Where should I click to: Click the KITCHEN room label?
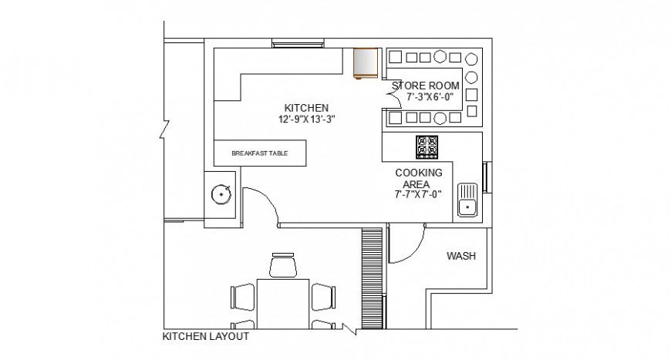[306, 107]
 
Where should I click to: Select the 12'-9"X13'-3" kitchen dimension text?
[306, 119]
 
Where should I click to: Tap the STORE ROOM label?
[426, 86]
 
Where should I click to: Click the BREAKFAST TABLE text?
[259, 153]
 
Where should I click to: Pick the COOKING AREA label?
[418, 178]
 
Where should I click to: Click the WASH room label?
[460, 257]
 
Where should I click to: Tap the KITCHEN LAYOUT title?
[205, 337]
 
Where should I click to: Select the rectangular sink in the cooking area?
[467, 199]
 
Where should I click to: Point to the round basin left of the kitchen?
[222, 195]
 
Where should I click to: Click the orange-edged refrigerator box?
[365, 63]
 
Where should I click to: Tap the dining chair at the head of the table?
[283, 266]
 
